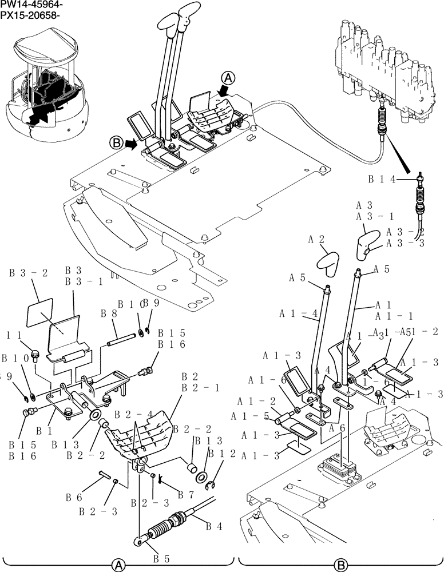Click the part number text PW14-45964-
[x=31, y=5]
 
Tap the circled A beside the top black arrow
[x=228, y=77]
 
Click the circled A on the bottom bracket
[x=118, y=565]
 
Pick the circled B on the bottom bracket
[x=341, y=565]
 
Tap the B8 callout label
[x=109, y=313]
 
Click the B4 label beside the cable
[x=214, y=525]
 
